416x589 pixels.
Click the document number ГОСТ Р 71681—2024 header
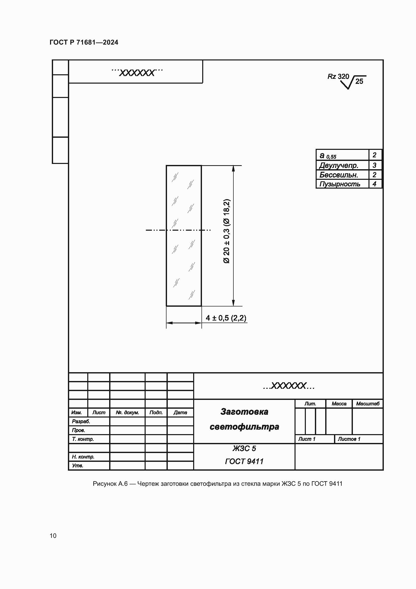[x=84, y=42]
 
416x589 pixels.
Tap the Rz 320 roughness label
[x=338, y=77]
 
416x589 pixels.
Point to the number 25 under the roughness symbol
[x=359, y=81]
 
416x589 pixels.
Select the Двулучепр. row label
[x=339, y=165]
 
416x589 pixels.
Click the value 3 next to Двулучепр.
[x=375, y=165]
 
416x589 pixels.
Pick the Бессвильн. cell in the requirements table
[x=339, y=175]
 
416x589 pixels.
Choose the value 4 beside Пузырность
[x=375, y=184]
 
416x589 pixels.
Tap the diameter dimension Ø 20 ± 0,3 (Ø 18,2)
[x=227, y=231]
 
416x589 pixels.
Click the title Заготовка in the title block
[x=244, y=412]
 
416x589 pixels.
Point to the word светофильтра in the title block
[x=244, y=427]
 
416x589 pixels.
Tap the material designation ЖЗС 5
[x=244, y=448]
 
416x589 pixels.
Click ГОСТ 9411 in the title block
[x=244, y=462]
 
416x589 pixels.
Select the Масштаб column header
[x=368, y=404]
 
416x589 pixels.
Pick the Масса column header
[x=339, y=404]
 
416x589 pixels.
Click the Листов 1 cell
[x=349, y=439]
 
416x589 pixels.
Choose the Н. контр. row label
[x=83, y=457]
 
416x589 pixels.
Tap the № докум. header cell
[x=127, y=412]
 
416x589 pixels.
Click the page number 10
[x=53, y=536]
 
